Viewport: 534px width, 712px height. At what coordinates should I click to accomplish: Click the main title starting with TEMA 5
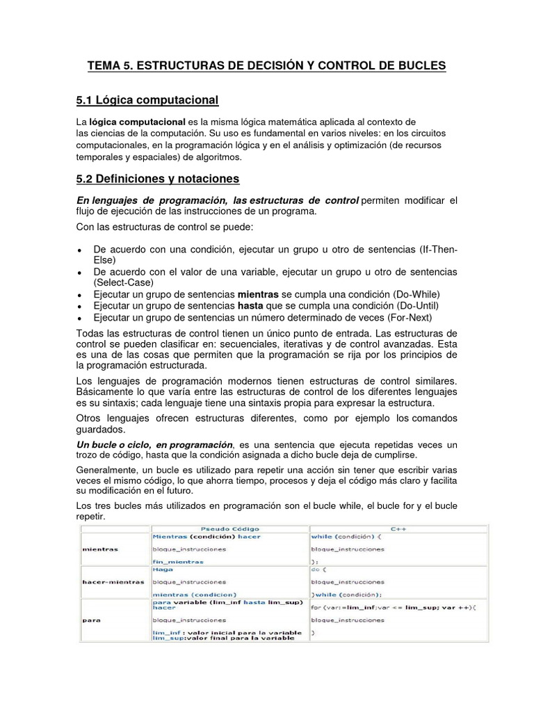[x=266, y=66]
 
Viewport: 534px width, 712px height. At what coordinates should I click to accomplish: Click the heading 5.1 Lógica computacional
[x=147, y=101]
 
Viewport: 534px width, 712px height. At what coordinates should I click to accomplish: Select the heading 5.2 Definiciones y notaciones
[x=157, y=179]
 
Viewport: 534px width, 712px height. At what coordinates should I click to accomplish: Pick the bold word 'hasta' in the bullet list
[x=251, y=306]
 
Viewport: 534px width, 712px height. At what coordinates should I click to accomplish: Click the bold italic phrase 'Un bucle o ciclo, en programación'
[x=154, y=444]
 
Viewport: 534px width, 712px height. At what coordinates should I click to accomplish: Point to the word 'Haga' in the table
[x=163, y=569]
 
